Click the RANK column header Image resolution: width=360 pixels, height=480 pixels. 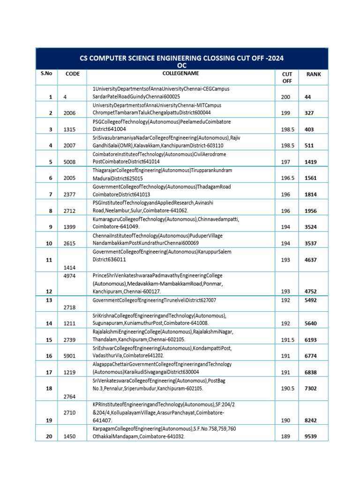[314, 74]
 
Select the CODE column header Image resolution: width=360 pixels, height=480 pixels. [73, 74]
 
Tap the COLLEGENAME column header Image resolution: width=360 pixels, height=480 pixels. [180, 73]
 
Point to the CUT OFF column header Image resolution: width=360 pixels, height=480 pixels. [287, 77]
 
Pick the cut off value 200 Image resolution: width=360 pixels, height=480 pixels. [286, 97]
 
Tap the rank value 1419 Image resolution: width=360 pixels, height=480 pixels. [310, 162]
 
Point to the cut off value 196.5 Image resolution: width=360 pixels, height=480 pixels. [288, 178]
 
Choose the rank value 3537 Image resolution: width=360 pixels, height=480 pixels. [310, 243]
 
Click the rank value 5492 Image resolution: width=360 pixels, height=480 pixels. [310, 300]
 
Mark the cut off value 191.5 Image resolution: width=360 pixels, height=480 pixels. [288, 339]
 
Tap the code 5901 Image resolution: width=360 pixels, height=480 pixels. [69, 356]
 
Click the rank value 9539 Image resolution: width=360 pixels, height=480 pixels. [310, 436]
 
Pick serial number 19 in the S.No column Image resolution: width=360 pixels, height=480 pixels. [49, 420]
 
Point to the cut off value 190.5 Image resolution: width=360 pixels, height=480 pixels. [288, 389]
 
